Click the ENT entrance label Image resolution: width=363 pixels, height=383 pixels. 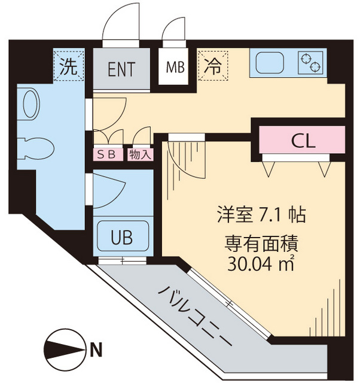[x=121, y=68]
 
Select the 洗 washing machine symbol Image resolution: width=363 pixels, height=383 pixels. [x=69, y=66]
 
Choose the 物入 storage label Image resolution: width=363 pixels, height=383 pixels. [x=139, y=154]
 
